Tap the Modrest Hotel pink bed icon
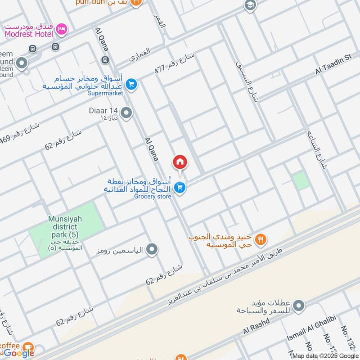62,29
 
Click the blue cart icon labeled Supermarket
131,84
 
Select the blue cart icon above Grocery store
180,188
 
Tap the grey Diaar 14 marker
126,113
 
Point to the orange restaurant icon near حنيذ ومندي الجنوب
261,239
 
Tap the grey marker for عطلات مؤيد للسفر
298,306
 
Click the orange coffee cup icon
28,346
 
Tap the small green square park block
301,181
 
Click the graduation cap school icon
249,5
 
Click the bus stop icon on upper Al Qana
105,59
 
